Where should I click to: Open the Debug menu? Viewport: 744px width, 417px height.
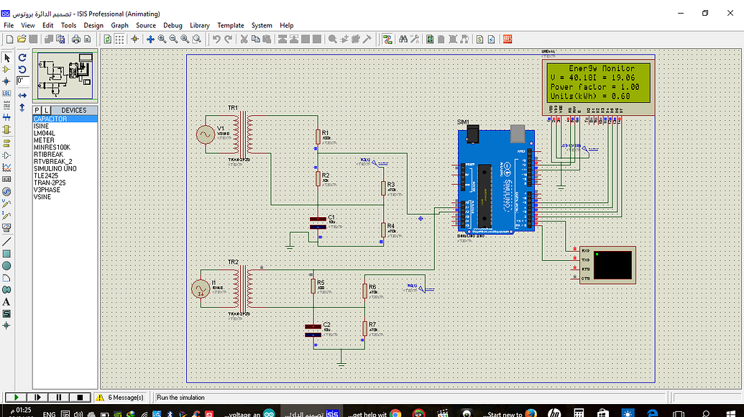pos(173,25)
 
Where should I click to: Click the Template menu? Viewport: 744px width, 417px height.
pos(231,25)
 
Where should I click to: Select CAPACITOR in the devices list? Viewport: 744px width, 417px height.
pos(50,119)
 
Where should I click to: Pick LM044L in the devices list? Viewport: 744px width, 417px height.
pos(44,133)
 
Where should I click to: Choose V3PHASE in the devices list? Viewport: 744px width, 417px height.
pos(47,190)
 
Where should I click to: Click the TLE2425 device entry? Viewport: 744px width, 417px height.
pos(45,175)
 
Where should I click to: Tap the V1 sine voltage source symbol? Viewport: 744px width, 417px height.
pos(206,134)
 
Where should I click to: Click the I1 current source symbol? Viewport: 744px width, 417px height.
pos(198,289)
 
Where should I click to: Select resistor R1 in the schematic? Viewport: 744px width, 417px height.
pos(317,136)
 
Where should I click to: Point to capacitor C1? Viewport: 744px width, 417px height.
pos(317,222)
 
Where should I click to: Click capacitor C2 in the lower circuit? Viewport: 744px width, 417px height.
pos(313,330)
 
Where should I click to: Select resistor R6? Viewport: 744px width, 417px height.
pos(364,290)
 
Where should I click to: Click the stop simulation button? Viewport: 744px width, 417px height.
pos(81,397)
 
